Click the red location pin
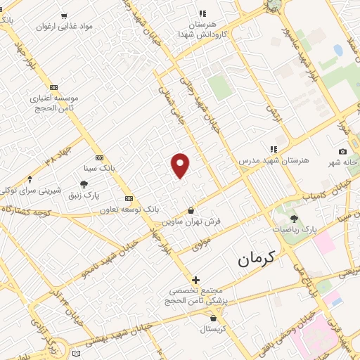(x=181, y=165)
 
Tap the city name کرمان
(x=258, y=259)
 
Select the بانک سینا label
(x=98, y=169)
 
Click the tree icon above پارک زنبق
(x=84, y=184)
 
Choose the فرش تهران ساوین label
(x=192, y=221)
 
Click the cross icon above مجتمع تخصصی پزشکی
(x=195, y=280)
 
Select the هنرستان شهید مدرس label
(x=273, y=161)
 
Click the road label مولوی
(x=202, y=243)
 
